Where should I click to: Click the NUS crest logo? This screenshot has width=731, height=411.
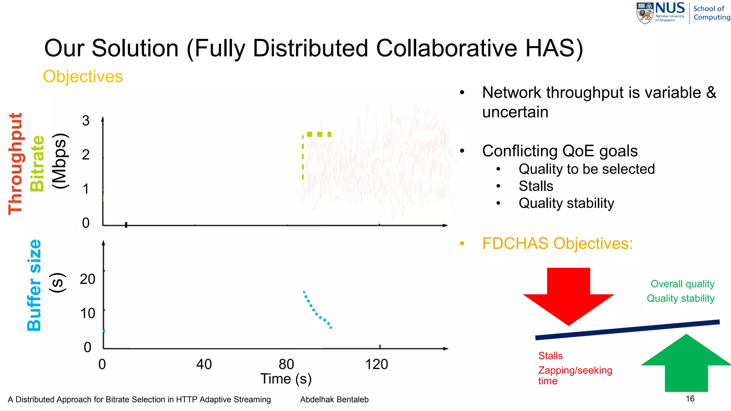coord(645,13)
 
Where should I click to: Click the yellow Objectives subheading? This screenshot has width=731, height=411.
coord(83,76)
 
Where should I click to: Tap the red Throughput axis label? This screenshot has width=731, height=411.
coord(16,164)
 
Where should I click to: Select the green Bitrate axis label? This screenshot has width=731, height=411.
coord(37,164)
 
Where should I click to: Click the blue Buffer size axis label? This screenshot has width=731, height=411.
coord(34,285)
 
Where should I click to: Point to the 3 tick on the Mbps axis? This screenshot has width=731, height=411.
coord(86,121)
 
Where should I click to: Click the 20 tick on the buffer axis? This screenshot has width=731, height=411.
coord(87,279)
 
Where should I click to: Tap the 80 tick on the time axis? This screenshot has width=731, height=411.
coord(286,364)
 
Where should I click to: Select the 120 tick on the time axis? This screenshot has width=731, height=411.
coord(376,364)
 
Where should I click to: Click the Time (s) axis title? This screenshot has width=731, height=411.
coord(286,379)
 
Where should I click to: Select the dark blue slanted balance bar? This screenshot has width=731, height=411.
coord(627,330)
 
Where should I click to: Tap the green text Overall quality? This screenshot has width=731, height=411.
coord(682,284)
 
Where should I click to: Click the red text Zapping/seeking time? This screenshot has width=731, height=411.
coord(575,375)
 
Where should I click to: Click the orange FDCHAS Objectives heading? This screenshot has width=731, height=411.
coord(557,244)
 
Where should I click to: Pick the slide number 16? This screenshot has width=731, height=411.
coord(690,399)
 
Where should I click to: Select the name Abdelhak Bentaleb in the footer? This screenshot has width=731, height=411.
coord(334,400)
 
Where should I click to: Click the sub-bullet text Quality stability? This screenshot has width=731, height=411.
coord(566,203)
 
